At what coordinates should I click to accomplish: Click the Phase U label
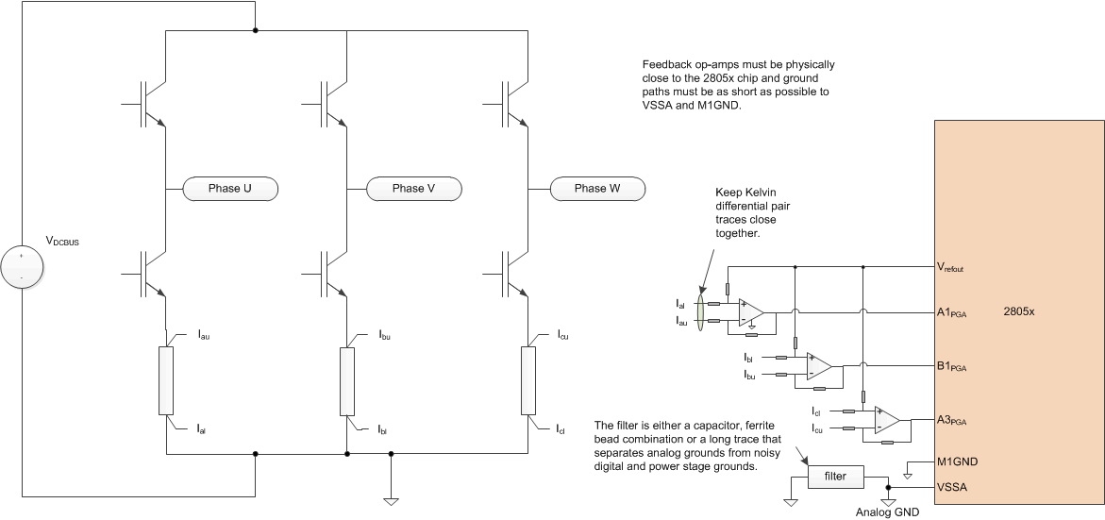point(227,189)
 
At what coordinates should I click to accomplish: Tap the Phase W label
point(596,189)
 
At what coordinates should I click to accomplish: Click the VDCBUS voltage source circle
point(21,267)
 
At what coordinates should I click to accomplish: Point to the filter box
point(835,478)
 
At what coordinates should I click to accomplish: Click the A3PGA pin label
point(954,419)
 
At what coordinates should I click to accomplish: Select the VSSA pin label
point(951,487)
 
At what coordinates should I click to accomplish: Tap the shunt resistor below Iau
point(166,380)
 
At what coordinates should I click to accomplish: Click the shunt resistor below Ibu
point(347,380)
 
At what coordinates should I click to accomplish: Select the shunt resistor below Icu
point(528,380)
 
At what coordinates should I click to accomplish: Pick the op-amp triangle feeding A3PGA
point(888,420)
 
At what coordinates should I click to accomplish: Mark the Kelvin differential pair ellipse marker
point(698,312)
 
